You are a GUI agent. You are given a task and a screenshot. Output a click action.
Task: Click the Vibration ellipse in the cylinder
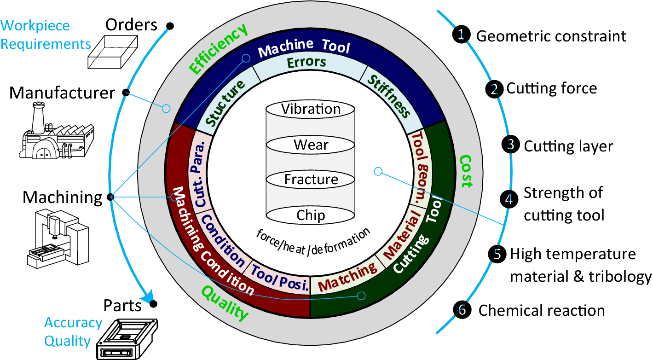click(x=311, y=110)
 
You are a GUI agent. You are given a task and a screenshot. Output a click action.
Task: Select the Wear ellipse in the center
click(x=311, y=145)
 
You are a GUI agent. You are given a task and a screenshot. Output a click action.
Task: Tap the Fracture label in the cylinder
click(x=311, y=179)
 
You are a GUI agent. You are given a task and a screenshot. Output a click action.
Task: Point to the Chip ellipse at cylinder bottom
click(x=311, y=215)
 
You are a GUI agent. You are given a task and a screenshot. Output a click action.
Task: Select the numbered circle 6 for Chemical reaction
click(x=462, y=310)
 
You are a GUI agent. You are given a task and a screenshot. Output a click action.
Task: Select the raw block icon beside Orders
click(x=113, y=52)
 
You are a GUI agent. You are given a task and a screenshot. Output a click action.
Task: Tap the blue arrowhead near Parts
click(x=147, y=298)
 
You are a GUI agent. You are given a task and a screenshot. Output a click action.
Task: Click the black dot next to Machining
click(x=110, y=197)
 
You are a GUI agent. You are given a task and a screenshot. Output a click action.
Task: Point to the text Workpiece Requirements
click(x=45, y=35)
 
